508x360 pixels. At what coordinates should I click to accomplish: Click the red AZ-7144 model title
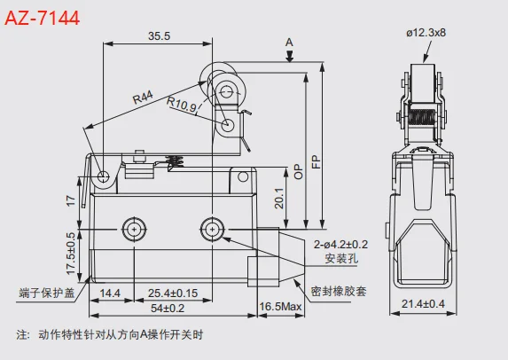43,17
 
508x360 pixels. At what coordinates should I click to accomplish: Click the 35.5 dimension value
159,36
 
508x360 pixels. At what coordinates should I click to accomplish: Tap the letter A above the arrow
289,42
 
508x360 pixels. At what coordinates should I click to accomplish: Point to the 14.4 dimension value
111,292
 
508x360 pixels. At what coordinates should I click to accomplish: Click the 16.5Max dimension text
280,307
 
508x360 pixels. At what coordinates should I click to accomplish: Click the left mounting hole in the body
134,229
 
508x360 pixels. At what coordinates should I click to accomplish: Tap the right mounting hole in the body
213,229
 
